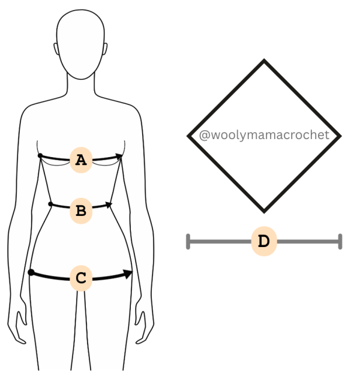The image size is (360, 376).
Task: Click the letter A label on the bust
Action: point(81,160)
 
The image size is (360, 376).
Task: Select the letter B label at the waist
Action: point(81,210)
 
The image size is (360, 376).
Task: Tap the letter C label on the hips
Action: point(81,278)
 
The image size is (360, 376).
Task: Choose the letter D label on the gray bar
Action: point(264,241)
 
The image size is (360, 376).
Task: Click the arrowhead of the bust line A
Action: point(119,157)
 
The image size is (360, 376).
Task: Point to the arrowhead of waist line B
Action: point(109,204)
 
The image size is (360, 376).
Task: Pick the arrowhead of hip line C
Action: point(128,274)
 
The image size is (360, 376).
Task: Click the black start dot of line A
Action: point(40,156)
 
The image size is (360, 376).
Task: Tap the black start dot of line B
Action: point(50,204)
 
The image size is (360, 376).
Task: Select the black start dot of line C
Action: point(31,272)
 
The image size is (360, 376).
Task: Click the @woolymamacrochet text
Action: point(264,135)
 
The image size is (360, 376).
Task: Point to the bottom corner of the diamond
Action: point(264,212)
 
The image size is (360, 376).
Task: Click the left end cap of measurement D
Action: point(188,242)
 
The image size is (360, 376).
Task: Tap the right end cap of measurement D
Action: point(340,242)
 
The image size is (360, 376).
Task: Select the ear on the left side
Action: point(56,49)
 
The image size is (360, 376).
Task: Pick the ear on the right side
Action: point(106,49)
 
